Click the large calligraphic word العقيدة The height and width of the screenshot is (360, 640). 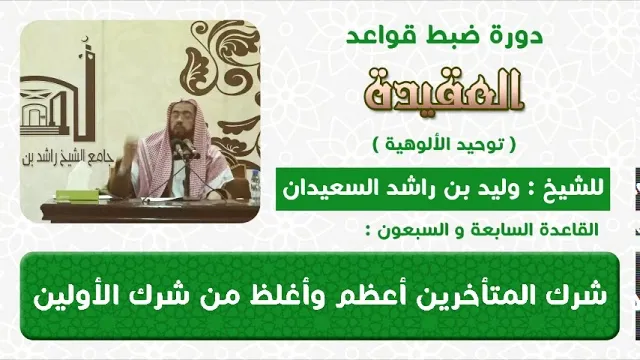[x=444, y=90]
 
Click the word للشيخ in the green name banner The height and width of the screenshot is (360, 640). [x=576, y=190]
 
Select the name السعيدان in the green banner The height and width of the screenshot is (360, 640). [x=323, y=190]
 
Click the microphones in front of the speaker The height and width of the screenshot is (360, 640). [x=183, y=148]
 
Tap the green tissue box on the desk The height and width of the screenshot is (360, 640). [x=77, y=195]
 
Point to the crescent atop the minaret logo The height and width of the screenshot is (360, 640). [x=85, y=39]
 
